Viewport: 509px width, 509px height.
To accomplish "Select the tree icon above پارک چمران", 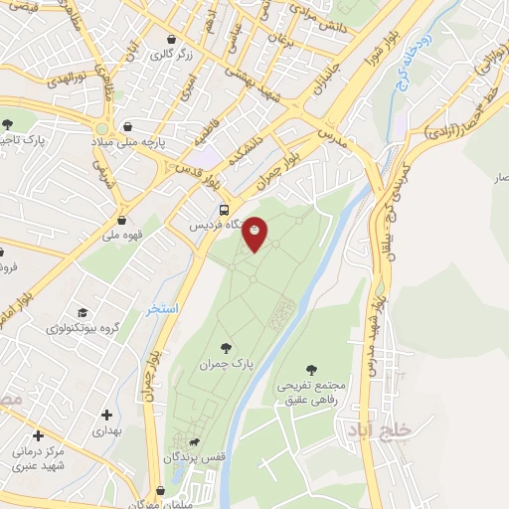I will (x=227, y=348).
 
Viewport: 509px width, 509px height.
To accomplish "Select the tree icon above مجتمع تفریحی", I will (x=313, y=370).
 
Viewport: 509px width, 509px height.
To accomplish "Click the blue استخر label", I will (x=162, y=309).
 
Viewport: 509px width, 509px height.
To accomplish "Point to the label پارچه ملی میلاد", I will (x=155, y=141).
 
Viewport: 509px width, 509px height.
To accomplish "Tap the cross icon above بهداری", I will (x=107, y=414).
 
